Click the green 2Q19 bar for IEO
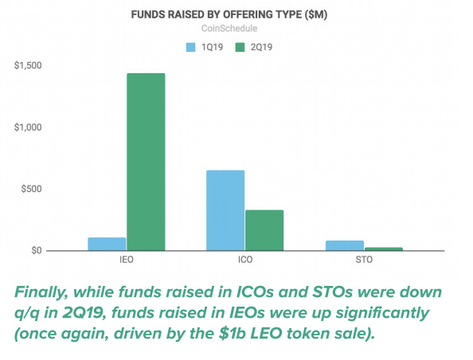click(146, 162)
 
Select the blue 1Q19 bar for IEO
click(107, 245)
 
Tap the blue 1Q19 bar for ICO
click(225, 210)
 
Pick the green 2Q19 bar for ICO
click(264, 230)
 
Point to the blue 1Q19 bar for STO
click(345, 245)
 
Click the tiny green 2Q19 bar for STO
click(384, 249)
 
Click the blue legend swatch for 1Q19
click(190, 47)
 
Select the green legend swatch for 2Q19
click(240, 47)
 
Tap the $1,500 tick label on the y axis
click(28, 65)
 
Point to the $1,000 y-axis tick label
click(28, 127)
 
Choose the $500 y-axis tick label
click(31, 189)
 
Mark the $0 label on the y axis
click(37, 250)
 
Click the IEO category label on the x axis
click(127, 260)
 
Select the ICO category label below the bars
click(245, 260)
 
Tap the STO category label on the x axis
click(364, 260)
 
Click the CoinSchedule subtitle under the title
click(229, 29)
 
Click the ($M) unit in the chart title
click(316, 14)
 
